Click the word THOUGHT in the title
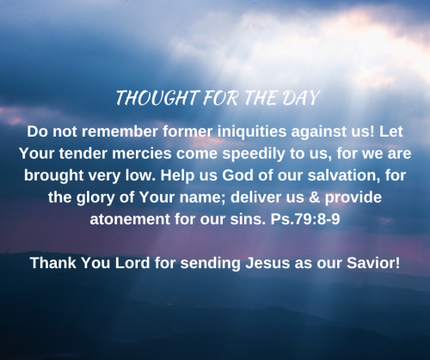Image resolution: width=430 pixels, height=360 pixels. pyautogui.click(x=157, y=98)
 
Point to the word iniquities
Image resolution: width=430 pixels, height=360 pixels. pyautogui.click(x=252, y=132)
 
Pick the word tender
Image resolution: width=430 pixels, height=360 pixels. pyautogui.click(x=83, y=154)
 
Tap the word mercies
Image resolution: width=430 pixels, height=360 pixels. pyautogui.click(x=142, y=154)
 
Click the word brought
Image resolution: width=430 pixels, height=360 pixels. pyautogui.click(x=53, y=176)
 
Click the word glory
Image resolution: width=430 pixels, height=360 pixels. pyautogui.click(x=95, y=198)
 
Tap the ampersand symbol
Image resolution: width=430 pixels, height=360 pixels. pyautogui.click(x=315, y=198)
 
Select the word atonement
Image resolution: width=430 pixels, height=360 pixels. pyautogui.click(x=130, y=220)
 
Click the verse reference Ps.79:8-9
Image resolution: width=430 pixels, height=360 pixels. pyautogui.click(x=305, y=219)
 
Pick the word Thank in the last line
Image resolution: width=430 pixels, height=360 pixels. pyautogui.click(x=53, y=263)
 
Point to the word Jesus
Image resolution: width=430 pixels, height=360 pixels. pyautogui.click(x=267, y=263)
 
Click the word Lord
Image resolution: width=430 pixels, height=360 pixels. pyautogui.click(x=132, y=263)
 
